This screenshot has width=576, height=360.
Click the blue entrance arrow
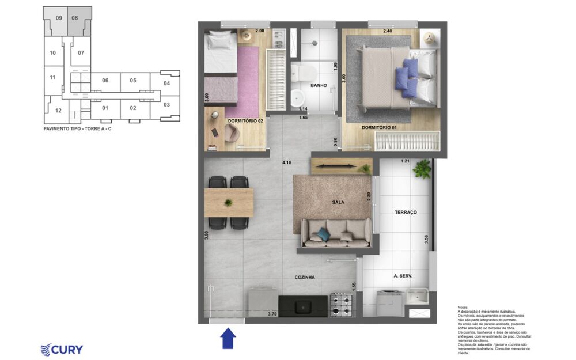(x=228, y=338)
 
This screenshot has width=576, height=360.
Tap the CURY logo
(x=62, y=350)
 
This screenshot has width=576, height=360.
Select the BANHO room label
(x=319, y=85)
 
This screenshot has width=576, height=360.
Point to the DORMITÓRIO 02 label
(x=245, y=121)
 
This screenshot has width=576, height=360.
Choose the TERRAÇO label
(x=406, y=213)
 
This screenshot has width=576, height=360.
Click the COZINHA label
(x=304, y=277)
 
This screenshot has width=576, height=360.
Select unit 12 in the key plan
(x=58, y=111)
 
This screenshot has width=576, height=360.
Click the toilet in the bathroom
(x=304, y=73)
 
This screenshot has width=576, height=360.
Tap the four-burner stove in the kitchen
(x=342, y=305)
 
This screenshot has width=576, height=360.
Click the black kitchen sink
(x=303, y=306)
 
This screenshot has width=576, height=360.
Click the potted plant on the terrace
(x=422, y=169)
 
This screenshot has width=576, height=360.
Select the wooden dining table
(x=229, y=203)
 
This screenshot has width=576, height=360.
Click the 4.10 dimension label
(x=286, y=163)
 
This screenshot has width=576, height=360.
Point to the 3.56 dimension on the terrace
(x=426, y=239)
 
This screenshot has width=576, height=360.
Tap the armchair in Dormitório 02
(x=232, y=133)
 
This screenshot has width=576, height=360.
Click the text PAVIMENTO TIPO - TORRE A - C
(x=78, y=129)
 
